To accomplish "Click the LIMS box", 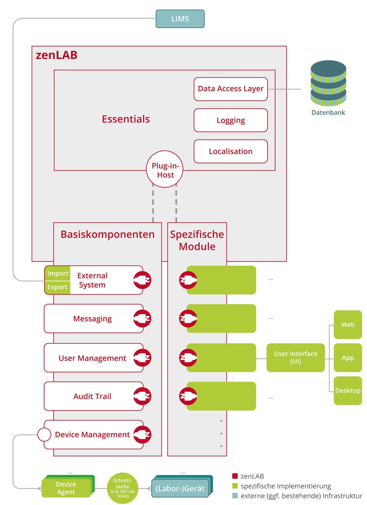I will pyautogui.click(x=180, y=19).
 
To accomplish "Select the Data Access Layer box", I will pyautogui.click(x=230, y=89).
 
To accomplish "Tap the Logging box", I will pyautogui.click(x=230, y=120).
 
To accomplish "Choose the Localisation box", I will pyautogui.click(x=230, y=151).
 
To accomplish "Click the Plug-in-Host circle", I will pyautogui.click(x=165, y=169).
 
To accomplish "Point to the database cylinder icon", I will pyautogui.click(x=328, y=83).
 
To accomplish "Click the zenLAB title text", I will pyautogui.click(x=57, y=55).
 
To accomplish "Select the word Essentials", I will pyautogui.click(x=126, y=119).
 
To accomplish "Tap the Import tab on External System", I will pyautogui.click(x=58, y=274).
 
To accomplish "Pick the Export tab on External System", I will pyautogui.click(x=57, y=287).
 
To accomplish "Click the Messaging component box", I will pyautogui.click(x=92, y=319).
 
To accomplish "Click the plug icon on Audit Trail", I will pyautogui.click(x=142, y=396).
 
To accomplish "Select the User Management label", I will pyautogui.click(x=92, y=358).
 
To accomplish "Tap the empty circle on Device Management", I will pyautogui.click(x=44, y=434).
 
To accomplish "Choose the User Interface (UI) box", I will pyautogui.click(x=295, y=357).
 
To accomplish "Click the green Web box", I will pyautogui.click(x=348, y=325).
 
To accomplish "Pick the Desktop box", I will pyautogui.click(x=348, y=391).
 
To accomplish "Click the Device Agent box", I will pyautogui.click(x=66, y=488).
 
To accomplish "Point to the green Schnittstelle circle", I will pyautogui.click(x=123, y=488).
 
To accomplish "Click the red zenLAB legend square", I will pyautogui.click(x=235, y=476).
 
